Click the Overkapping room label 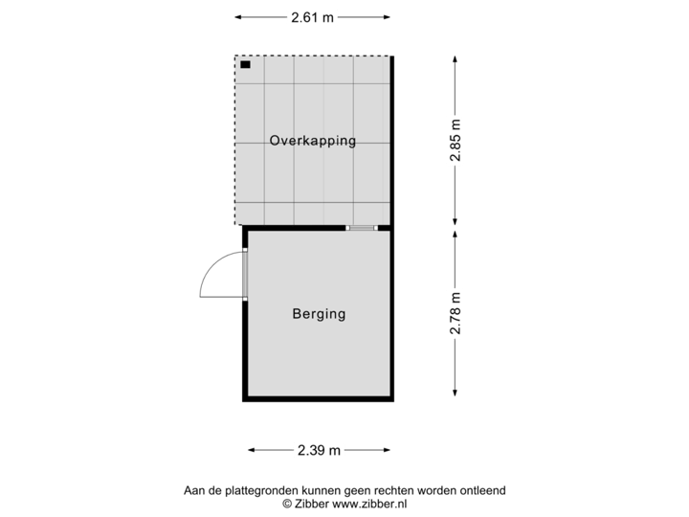312,141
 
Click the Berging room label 319,314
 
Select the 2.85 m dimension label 456,140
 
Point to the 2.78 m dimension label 456,312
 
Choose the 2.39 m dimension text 320,449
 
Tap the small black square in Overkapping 246,65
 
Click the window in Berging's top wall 362,228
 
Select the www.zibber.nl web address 369,503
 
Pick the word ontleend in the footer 481,491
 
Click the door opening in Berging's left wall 244,274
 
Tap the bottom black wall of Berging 319,399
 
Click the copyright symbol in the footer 285,503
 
